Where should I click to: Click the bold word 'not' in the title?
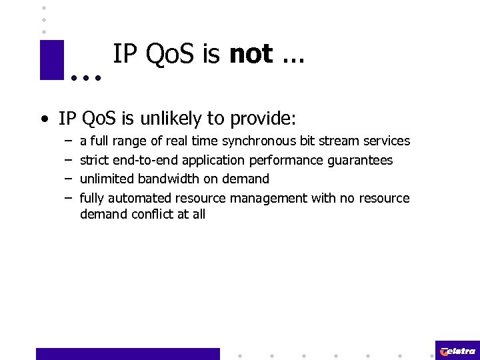click(x=251, y=54)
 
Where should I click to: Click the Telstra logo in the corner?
click(x=457, y=351)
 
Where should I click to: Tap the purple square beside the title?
click(x=51, y=60)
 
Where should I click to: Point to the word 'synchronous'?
click(x=259, y=141)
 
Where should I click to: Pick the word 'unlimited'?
click(x=107, y=179)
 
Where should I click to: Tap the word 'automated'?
click(x=140, y=198)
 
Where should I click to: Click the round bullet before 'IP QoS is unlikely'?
click(x=43, y=120)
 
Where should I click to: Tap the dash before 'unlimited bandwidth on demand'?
click(x=69, y=179)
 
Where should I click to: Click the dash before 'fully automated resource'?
click(x=69, y=198)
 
